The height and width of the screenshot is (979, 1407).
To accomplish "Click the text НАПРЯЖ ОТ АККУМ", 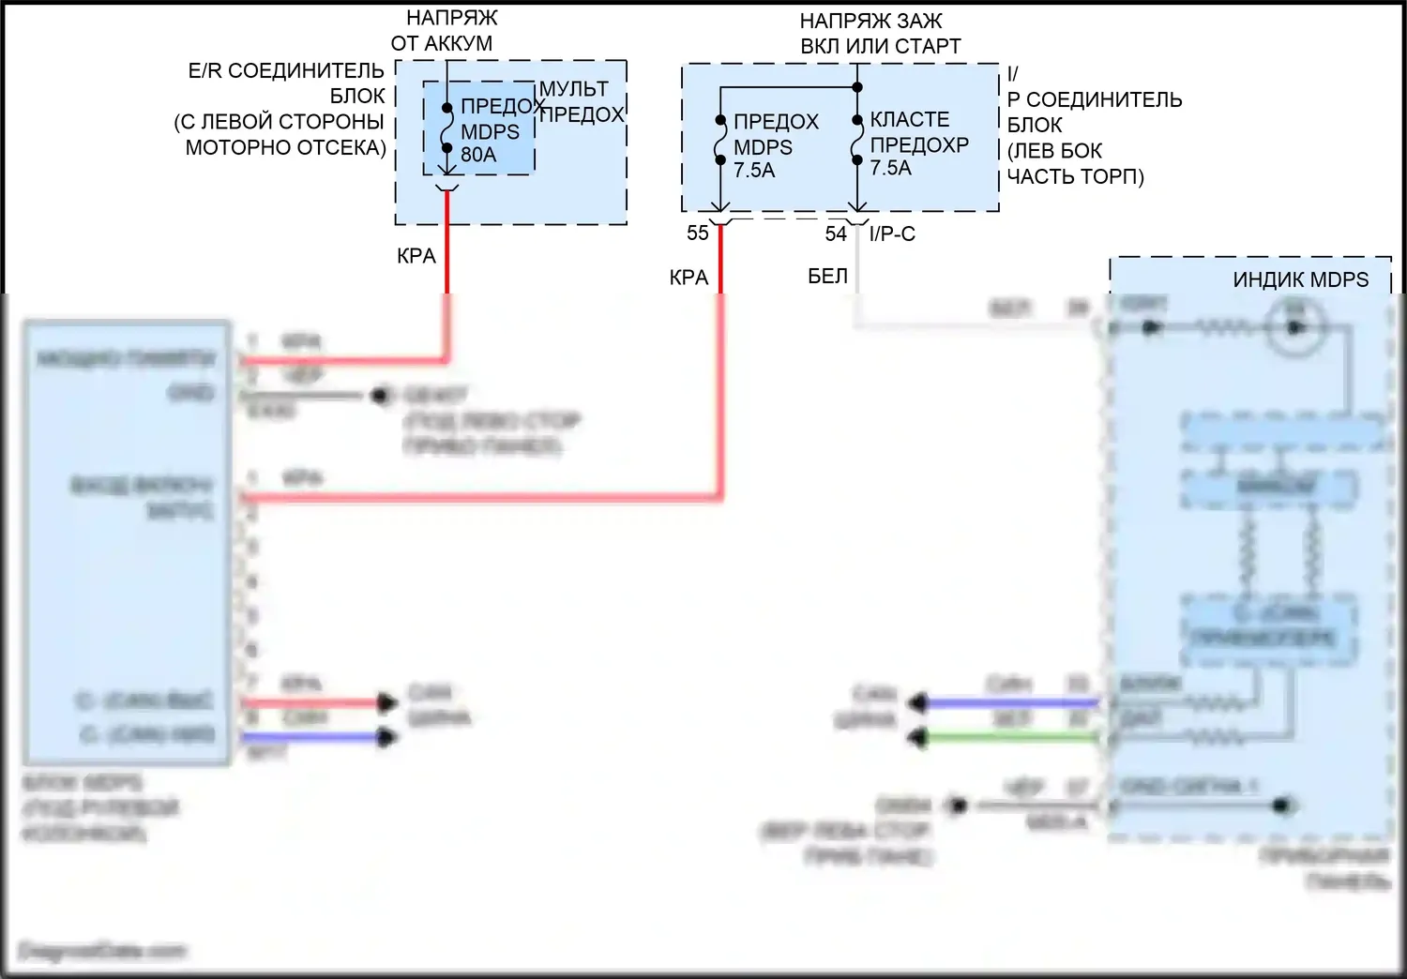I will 442,31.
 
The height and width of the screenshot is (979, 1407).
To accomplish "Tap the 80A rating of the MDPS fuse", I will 478,155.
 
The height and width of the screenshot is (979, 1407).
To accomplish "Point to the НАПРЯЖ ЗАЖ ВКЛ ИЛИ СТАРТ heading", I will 880,34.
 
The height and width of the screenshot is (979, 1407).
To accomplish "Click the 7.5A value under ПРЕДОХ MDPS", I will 754,171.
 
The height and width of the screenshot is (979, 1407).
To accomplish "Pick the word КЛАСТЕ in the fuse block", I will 909,120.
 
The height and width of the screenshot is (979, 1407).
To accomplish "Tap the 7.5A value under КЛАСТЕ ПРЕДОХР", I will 890,169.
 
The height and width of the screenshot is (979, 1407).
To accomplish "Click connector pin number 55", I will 697,233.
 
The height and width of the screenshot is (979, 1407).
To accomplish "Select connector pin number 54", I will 835,234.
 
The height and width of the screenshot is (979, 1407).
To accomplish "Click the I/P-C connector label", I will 892,234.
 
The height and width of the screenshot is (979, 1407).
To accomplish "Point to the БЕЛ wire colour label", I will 827,277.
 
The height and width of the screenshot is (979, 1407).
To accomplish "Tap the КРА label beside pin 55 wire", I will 688,278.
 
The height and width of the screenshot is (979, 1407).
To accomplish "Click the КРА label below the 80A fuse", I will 416,256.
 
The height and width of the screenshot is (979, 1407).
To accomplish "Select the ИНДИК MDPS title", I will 1300,280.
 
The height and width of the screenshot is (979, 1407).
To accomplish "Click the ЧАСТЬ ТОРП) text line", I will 1075,176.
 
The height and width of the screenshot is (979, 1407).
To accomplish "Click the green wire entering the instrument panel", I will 1013,738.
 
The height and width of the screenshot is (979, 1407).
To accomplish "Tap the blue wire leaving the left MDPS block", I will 310,738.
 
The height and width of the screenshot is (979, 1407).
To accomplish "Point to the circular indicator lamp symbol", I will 1295,327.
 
